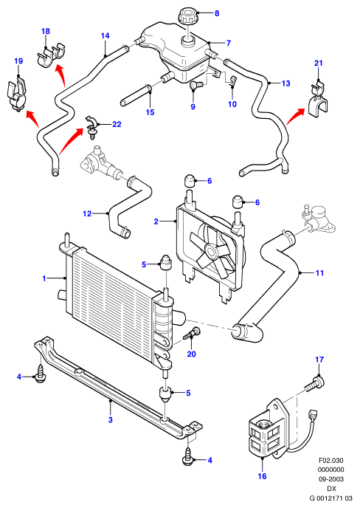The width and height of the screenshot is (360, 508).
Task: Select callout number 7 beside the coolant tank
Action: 229,43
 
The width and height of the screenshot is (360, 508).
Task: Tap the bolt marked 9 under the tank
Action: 195,85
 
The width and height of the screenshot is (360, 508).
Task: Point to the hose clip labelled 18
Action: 51,55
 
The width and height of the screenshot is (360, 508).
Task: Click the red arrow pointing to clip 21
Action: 295,116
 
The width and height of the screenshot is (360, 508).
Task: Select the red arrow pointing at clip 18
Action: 60,75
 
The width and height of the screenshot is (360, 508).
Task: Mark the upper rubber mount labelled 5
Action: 165,263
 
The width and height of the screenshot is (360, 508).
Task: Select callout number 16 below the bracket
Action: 262,476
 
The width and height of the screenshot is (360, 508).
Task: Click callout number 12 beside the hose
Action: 87,214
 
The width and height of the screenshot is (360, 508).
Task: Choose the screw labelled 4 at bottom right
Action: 188,457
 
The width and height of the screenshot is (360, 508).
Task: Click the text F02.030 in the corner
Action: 331,461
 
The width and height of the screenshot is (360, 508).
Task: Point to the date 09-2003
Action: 331,479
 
